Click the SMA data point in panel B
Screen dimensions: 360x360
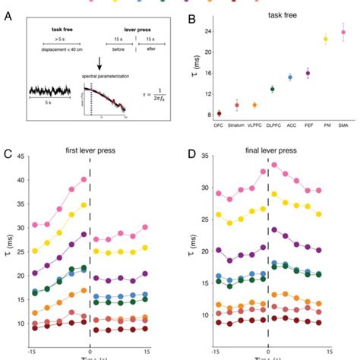click(x=343, y=33)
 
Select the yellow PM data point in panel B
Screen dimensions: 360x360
click(x=326, y=39)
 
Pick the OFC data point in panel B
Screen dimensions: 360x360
click(x=219, y=113)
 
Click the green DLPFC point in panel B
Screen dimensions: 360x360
click(x=273, y=89)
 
